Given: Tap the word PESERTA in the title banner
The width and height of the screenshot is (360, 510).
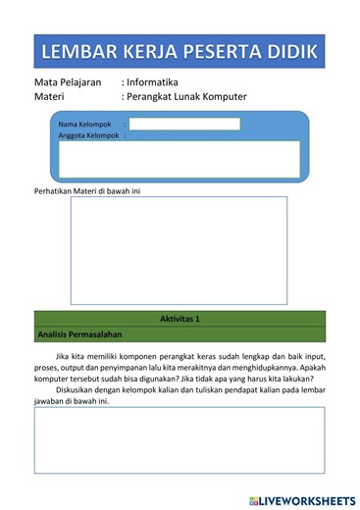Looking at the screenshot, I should [x=221, y=51].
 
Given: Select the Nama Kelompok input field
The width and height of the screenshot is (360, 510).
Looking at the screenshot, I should [x=184, y=125].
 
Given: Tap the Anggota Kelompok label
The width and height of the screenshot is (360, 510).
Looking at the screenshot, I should [x=88, y=136].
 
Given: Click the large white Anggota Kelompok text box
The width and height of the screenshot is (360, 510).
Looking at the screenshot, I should [x=179, y=159].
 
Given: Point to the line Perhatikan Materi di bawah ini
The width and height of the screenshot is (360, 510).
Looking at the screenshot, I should [x=87, y=190].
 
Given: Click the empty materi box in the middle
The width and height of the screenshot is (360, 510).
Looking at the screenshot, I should [x=179, y=249].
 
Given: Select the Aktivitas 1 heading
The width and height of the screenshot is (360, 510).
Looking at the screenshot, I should [x=180, y=319].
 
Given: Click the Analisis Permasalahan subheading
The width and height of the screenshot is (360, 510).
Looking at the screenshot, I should [x=78, y=334].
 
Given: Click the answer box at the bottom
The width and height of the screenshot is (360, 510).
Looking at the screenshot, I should [x=179, y=439].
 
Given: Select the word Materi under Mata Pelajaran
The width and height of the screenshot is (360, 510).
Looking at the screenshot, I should [x=49, y=97].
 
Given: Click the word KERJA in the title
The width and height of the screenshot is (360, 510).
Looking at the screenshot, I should [x=149, y=51].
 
